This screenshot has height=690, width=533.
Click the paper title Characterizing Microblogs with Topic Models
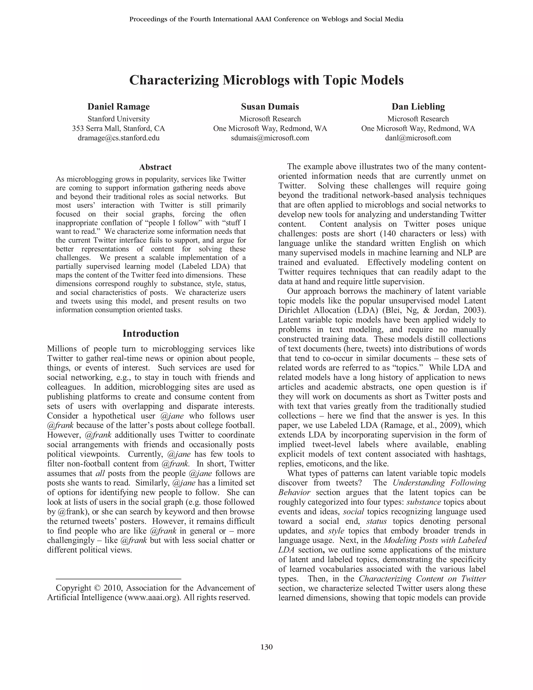266,80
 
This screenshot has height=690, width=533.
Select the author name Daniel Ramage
118,106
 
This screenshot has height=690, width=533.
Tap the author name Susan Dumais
270,106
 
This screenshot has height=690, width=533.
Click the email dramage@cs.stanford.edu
118,138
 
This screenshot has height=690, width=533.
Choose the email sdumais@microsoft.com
270,138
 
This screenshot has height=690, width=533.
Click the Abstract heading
155,167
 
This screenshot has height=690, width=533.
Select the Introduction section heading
151,333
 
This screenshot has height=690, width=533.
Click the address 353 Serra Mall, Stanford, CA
118,128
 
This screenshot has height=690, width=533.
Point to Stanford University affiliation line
118,119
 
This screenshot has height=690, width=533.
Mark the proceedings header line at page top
266,19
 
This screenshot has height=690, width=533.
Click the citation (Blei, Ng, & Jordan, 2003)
433,310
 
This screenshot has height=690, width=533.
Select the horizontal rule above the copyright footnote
118,579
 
